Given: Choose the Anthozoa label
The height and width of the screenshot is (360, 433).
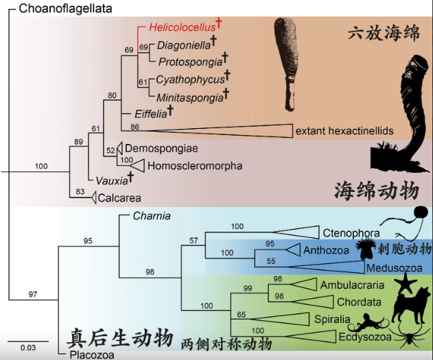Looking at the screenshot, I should coord(325,250).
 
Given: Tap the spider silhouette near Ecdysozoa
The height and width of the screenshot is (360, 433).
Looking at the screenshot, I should coord(411,339).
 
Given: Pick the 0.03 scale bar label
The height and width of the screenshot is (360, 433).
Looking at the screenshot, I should coord(27,347).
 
